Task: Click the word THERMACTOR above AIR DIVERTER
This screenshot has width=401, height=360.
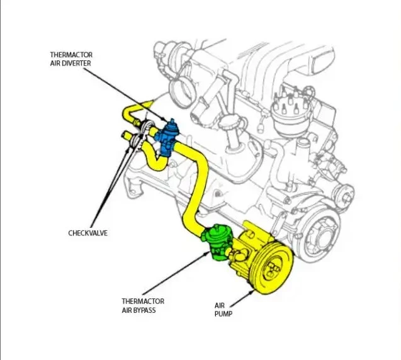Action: click(71, 55)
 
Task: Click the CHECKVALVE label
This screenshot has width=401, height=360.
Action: click(88, 233)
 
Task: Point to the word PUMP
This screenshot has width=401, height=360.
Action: click(223, 313)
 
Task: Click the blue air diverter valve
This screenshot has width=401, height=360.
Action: click(167, 137)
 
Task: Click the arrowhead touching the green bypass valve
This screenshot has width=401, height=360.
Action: click(207, 254)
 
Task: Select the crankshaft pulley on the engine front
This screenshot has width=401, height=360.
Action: click(320, 237)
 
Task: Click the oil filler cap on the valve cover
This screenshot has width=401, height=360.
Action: click(233, 122)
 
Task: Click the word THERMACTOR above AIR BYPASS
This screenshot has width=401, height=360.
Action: click(143, 301)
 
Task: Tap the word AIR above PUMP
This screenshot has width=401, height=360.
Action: click(220, 305)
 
